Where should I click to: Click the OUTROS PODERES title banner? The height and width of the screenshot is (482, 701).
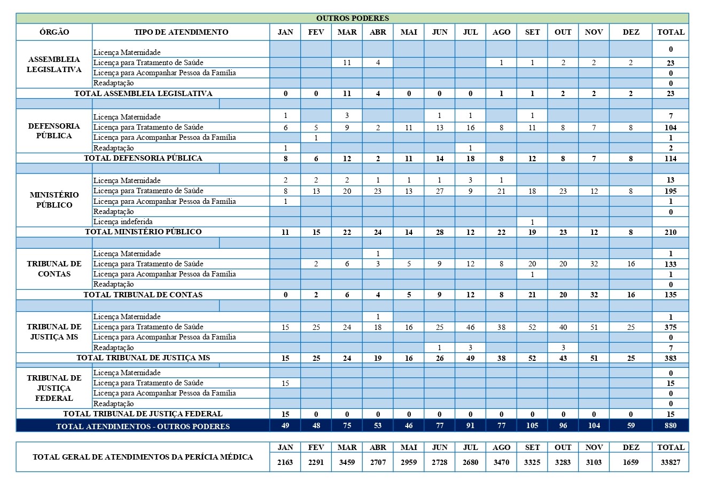(x=353, y=18)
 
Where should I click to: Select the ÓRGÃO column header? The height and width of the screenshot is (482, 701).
(x=54, y=32)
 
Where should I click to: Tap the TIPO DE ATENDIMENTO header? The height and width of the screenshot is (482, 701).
(x=181, y=32)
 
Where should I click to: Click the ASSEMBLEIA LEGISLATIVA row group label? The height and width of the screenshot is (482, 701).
(x=54, y=64)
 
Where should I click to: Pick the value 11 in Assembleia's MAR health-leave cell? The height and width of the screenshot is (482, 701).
(x=347, y=62)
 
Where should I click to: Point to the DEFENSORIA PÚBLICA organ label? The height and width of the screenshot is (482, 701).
(x=54, y=131)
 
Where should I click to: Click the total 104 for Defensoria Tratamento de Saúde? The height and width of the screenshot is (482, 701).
(x=671, y=128)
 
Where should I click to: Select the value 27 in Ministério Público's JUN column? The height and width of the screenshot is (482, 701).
(x=439, y=191)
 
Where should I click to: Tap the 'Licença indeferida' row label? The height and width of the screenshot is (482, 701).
(x=123, y=222)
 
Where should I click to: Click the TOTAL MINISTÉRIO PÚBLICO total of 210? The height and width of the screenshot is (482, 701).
(x=671, y=232)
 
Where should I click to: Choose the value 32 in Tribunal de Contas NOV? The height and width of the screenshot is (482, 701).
(x=594, y=264)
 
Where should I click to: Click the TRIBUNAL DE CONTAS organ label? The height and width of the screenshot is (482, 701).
(x=54, y=268)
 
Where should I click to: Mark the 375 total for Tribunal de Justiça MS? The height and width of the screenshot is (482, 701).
(x=671, y=327)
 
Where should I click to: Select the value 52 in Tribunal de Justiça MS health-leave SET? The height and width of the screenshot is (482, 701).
(x=532, y=327)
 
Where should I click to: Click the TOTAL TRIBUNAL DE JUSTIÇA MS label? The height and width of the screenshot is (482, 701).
(x=143, y=358)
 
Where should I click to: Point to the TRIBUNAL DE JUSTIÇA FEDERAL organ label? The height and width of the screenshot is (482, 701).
(x=54, y=388)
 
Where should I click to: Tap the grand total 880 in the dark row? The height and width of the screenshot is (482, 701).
(x=671, y=425)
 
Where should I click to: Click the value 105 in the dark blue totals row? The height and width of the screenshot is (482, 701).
(x=532, y=425)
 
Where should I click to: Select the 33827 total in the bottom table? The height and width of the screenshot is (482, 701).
(x=671, y=462)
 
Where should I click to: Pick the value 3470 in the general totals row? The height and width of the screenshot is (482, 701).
(x=501, y=462)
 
